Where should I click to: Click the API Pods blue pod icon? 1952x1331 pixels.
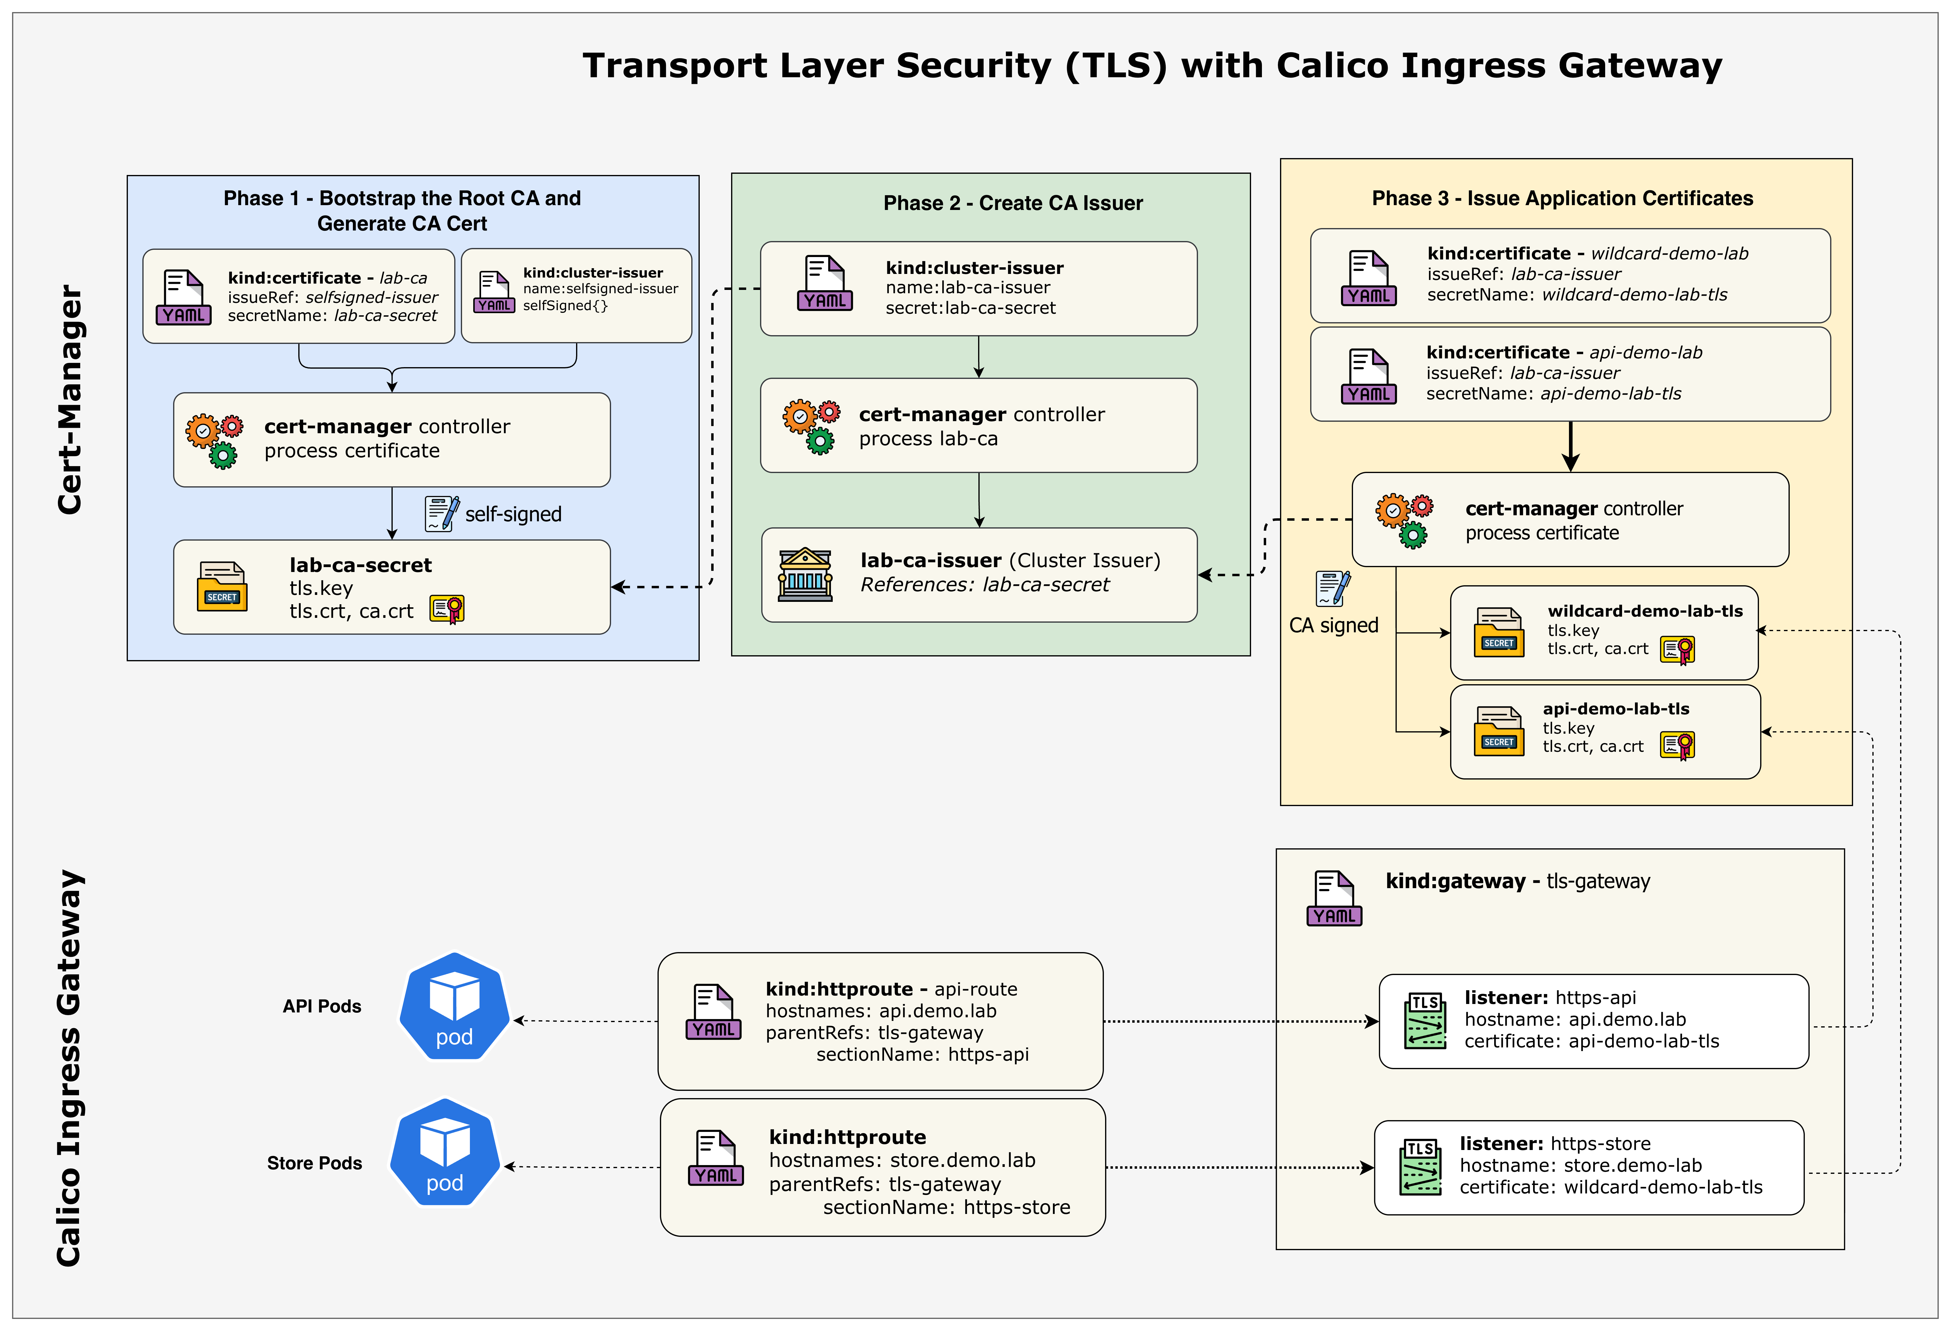pos(455,1007)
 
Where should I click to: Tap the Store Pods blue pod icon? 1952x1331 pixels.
pos(445,1153)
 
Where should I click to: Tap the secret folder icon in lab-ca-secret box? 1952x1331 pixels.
pos(222,586)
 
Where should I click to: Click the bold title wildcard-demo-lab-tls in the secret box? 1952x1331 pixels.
pos(1645,611)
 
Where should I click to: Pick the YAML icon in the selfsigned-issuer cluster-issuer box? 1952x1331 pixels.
pos(494,292)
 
